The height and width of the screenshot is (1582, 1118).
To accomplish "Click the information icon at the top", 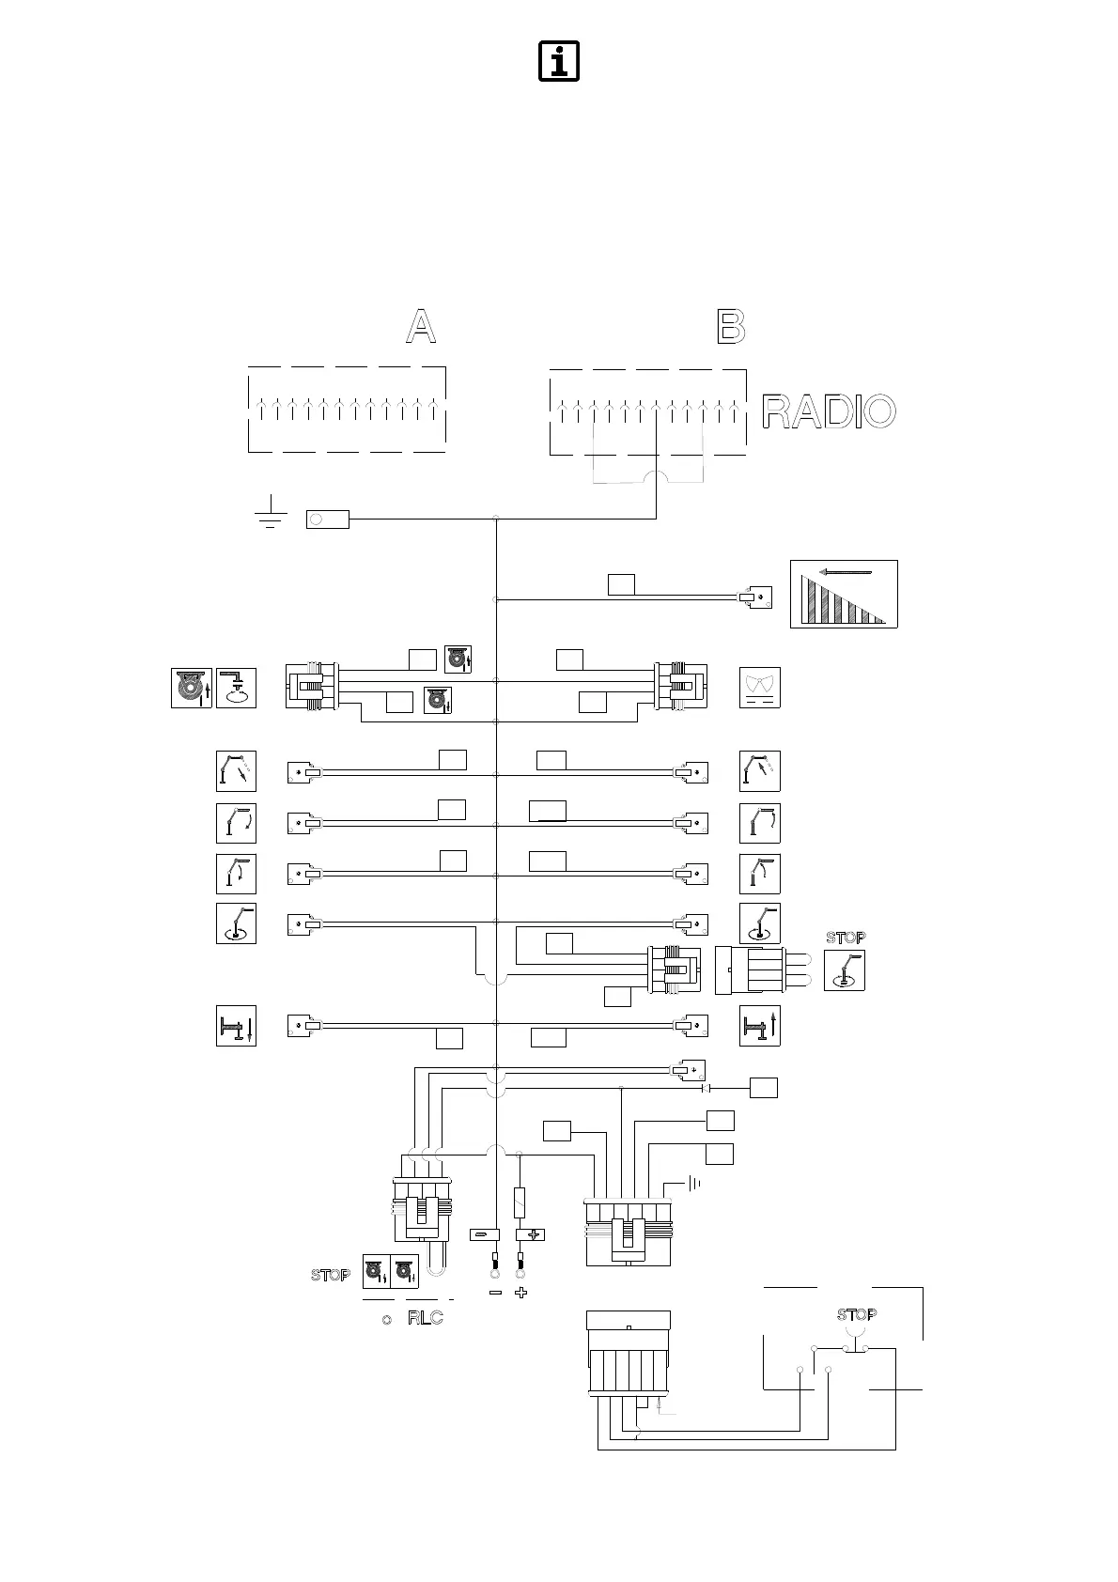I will pyautogui.click(x=558, y=61).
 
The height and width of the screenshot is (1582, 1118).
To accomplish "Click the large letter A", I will pyautogui.click(x=420, y=327).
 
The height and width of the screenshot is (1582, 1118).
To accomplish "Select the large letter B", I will pyautogui.click(x=731, y=327).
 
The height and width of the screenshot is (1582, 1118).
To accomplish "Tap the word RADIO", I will pyautogui.click(x=828, y=411).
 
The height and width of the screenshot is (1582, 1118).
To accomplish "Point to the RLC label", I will pyautogui.click(x=425, y=1318).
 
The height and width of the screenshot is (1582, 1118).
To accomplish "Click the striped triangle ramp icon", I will pyautogui.click(x=844, y=594).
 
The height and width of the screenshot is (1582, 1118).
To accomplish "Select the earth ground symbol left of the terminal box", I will pyautogui.click(x=272, y=511).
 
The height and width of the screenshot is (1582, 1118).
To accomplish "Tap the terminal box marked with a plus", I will pyautogui.click(x=533, y=1234).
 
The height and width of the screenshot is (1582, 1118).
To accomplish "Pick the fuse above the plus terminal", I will pyautogui.click(x=520, y=1202).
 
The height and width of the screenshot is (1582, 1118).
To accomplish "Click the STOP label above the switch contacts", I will pyautogui.click(x=856, y=1314).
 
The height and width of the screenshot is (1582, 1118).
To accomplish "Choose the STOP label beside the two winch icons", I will pyautogui.click(x=331, y=1275).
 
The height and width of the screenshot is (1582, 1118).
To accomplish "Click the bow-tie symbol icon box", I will pyautogui.click(x=760, y=687).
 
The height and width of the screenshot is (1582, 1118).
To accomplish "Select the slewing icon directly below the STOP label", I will pyautogui.click(x=844, y=970).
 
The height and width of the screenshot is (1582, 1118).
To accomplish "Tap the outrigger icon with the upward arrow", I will pyautogui.click(x=760, y=1025).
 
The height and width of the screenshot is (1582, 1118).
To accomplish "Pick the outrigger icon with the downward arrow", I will pyautogui.click(x=236, y=1025).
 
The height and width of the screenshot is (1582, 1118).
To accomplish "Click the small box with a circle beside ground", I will pyautogui.click(x=328, y=519).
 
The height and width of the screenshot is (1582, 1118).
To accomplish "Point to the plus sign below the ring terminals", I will pyautogui.click(x=521, y=1293).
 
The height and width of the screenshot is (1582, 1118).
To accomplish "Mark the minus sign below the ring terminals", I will pyautogui.click(x=495, y=1293).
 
